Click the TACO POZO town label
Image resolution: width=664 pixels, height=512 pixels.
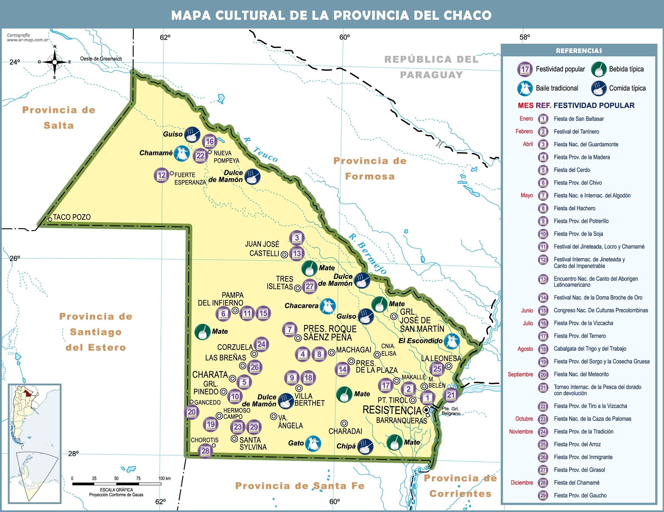pyautogui.click(x=72, y=217)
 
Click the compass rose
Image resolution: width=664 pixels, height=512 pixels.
pyautogui.click(x=54, y=62)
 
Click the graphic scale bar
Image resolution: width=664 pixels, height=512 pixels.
pyautogui.click(x=116, y=484)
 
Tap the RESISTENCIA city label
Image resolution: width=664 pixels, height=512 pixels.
pyautogui.click(x=392, y=410)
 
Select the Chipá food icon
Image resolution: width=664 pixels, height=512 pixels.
pyautogui.click(x=365, y=446)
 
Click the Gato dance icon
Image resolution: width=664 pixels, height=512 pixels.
pyautogui.click(x=313, y=443)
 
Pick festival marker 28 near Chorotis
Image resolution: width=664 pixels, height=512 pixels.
pyautogui.click(x=205, y=451)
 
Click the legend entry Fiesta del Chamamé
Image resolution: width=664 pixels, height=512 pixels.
pyautogui.click(x=576, y=483)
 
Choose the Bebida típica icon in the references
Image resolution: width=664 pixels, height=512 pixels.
pyautogui.click(x=599, y=69)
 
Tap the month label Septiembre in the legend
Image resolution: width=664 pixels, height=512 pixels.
pyautogui.click(x=520, y=375)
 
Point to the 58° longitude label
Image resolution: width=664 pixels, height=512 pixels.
pyautogui.click(x=524, y=37)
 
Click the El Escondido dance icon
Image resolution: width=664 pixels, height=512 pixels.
pyautogui.click(x=451, y=341)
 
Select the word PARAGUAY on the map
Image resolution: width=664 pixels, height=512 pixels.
pyautogui.click(x=431, y=75)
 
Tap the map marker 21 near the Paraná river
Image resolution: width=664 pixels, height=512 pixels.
pyautogui.click(x=451, y=395)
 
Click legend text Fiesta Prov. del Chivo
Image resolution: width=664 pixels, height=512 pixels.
pyautogui.click(x=578, y=183)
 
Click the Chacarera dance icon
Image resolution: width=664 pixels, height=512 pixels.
pyautogui.click(x=328, y=306)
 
